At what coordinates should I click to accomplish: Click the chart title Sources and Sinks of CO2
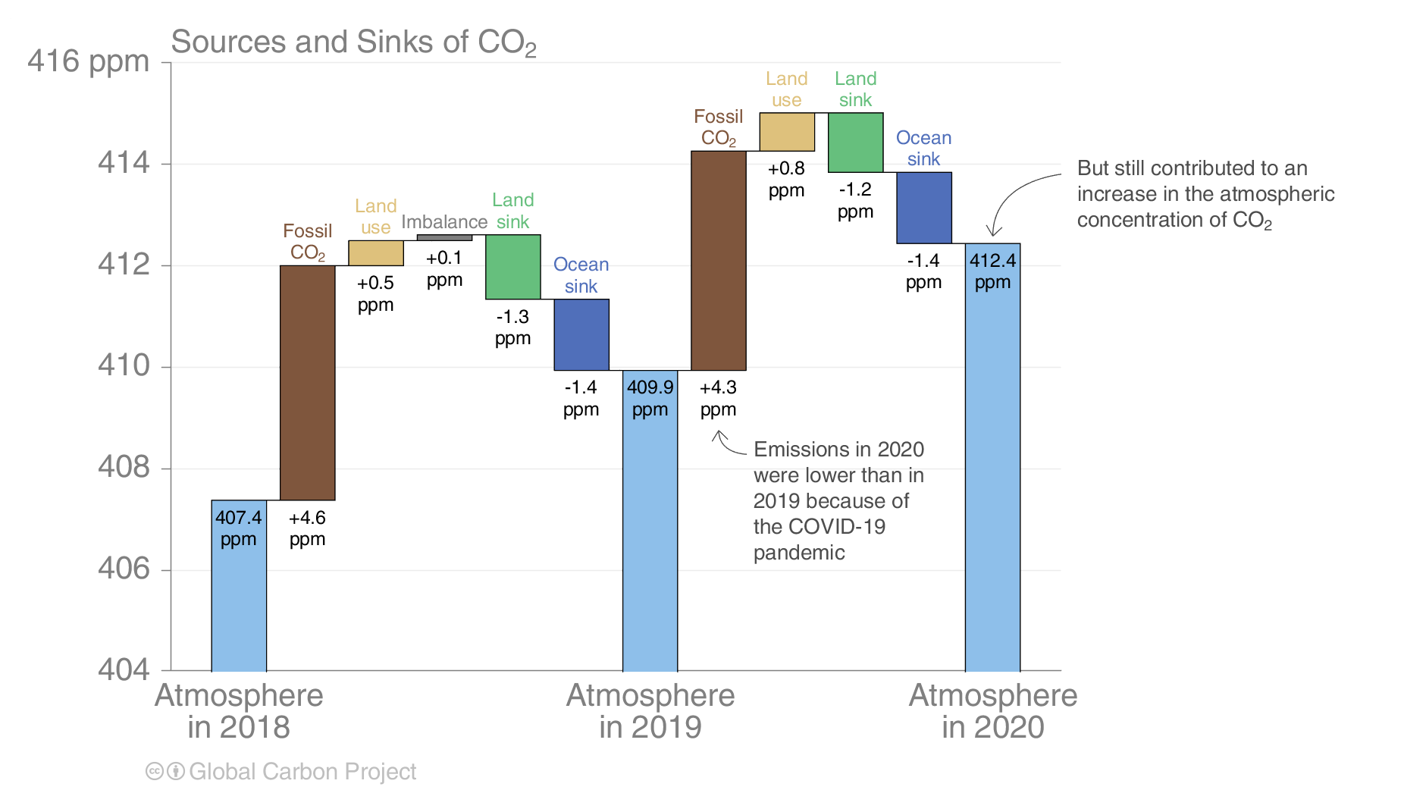click(x=353, y=42)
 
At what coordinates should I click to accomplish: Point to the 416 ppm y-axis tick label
click(x=88, y=61)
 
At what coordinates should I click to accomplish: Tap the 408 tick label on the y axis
click(x=124, y=467)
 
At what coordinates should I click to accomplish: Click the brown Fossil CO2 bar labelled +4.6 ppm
click(x=307, y=382)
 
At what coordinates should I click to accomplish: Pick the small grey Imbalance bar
click(x=444, y=238)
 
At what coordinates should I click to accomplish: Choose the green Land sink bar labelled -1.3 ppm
click(x=512, y=267)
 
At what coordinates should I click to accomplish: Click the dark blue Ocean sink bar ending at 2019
click(x=581, y=334)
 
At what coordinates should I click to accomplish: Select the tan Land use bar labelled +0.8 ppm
click(x=786, y=132)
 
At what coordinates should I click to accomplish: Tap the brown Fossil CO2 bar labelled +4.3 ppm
click(x=718, y=260)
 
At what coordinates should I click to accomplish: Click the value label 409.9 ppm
click(x=650, y=398)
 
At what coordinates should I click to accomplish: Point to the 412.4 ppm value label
click(x=992, y=271)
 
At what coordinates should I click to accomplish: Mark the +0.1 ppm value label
click(x=444, y=268)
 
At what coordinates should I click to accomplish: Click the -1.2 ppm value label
click(x=855, y=200)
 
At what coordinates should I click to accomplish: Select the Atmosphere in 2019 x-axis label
click(x=650, y=711)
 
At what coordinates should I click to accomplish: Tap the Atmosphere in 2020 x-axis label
click(x=992, y=711)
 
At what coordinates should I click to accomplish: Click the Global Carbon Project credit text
click(x=302, y=772)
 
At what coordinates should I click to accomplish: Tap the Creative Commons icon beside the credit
click(x=155, y=772)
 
